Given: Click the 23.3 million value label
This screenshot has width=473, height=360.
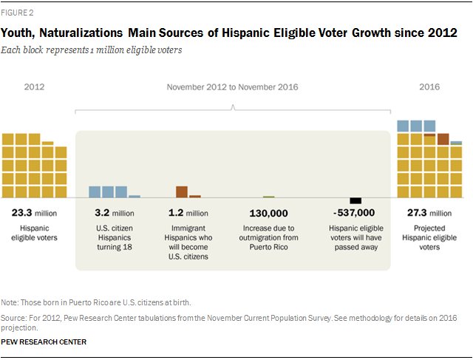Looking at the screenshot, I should pyautogui.click(x=34, y=212).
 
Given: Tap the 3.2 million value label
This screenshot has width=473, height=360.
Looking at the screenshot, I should pyautogui.click(x=114, y=212).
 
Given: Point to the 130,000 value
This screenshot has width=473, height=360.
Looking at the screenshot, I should pyautogui.click(x=268, y=212).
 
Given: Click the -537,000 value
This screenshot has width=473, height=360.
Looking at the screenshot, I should pyautogui.click(x=354, y=212).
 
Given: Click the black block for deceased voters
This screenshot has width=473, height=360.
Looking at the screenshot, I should pyautogui.click(x=355, y=200).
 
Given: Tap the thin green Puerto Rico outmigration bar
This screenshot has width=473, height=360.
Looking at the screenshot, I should pyautogui.click(x=268, y=197).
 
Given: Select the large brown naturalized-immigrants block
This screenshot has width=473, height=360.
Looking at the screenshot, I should pyautogui.click(x=182, y=192).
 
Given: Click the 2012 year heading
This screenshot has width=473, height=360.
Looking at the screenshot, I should pyautogui.click(x=34, y=87).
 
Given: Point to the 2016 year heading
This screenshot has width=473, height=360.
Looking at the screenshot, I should pyautogui.click(x=429, y=87).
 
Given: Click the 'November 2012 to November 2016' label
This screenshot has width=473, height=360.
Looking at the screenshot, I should pyautogui.click(x=232, y=87).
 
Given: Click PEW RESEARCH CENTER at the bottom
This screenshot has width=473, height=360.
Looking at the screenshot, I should pyautogui.click(x=44, y=342).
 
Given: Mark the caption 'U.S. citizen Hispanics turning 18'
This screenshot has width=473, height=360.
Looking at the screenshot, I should pyautogui.click(x=114, y=234).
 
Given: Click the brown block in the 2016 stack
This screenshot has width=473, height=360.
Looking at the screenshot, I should pyautogui.click(x=443, y=138).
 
